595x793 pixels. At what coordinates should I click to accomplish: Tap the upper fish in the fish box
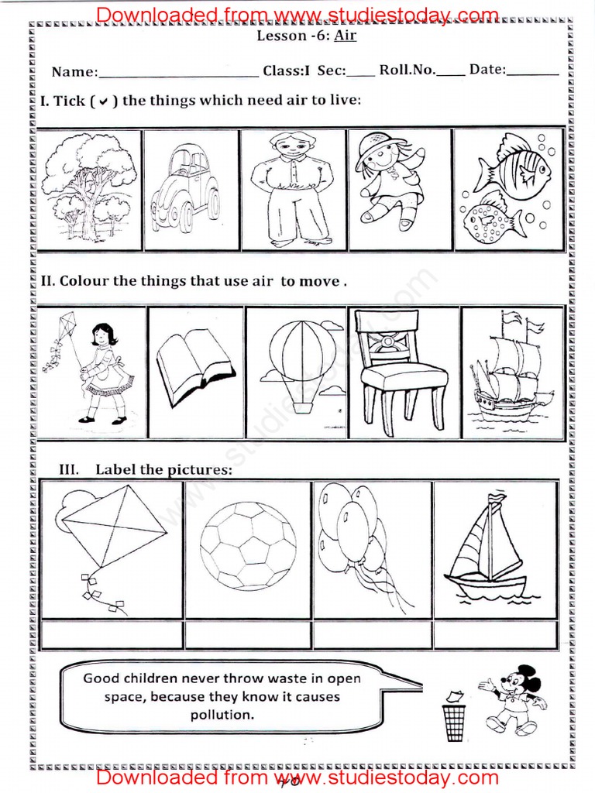point(512,166)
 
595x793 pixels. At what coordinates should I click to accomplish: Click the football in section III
point(247,546)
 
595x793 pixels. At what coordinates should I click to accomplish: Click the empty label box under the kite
point(110,635)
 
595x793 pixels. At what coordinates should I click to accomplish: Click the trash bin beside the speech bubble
point(453,717)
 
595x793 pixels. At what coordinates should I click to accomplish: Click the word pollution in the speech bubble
point(222,715)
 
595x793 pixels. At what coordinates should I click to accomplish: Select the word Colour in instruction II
point(84,281)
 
